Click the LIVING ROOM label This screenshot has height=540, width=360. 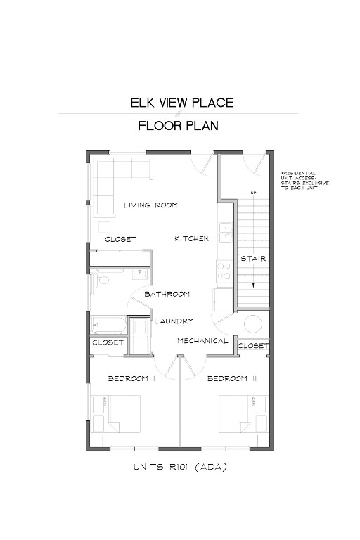150,205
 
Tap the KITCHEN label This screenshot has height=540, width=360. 191,239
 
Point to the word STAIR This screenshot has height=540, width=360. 253,259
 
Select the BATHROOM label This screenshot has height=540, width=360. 167,294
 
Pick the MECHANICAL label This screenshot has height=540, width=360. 202,342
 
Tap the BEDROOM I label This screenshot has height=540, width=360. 131,379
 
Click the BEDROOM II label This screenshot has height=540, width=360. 227,379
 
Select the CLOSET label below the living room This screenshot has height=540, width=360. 120,240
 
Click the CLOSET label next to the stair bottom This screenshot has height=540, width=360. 253,346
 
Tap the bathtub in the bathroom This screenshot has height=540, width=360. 108,326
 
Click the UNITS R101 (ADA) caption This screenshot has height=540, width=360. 179,466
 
